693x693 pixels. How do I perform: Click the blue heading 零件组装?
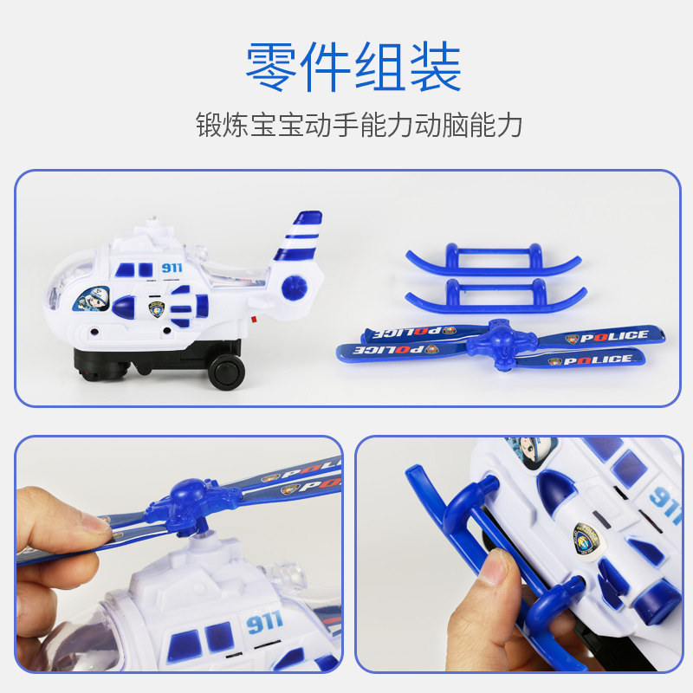tap(353, 67)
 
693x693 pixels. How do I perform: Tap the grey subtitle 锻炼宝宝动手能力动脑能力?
tap(359, 125)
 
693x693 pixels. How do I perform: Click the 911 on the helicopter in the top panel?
tap(172, 268)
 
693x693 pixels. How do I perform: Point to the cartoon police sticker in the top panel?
tap(92, 299)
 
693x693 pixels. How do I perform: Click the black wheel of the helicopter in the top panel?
tap(226, 372)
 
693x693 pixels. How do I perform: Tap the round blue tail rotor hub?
tap(294, 288)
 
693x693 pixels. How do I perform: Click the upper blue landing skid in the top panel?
tap(493, 259)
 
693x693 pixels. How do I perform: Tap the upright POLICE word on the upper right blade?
tap(614, 336)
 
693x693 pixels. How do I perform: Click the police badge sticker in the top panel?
tap(157, 309)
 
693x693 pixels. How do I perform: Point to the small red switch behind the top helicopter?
tap(254, 320)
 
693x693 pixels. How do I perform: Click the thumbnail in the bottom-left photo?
tap(96, 523)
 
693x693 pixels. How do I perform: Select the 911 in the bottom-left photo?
tap(264, 622)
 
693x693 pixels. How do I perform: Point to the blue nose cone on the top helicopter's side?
tap(123, 308)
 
